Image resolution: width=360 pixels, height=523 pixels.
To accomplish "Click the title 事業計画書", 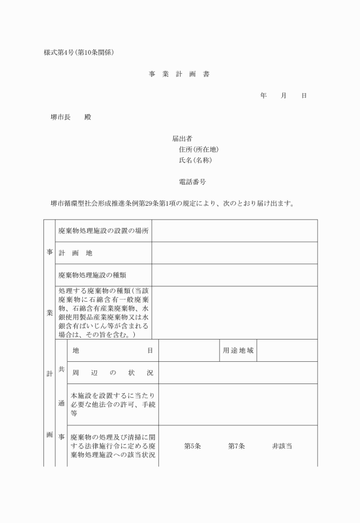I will pyautogui.click(x=179, y=74).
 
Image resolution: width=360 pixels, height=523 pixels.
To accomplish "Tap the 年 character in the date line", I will pyautogui.click(x=263, y=95).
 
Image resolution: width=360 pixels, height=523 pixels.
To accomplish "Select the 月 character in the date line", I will pyautogui.click(x=283, y=95).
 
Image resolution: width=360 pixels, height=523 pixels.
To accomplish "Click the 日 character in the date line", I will pyautogui.click(x=304, y=95).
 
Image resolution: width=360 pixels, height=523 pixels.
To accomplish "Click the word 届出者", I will pyautogui.click(x=182, y=138).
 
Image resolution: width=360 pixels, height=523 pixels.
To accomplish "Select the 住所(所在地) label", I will pyautogui.click(x=199, y=150).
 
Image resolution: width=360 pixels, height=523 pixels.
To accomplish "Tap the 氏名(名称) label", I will pyautogui.click(x=195, y=161).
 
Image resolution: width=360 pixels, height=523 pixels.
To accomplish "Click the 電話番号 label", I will pyautogui.click(x=193, y=182).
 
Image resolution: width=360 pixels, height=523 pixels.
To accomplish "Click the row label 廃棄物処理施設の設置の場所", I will pyautogui.click(x=103, y=231).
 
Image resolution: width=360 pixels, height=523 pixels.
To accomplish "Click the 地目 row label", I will pyautogui.click(x=113, y=350).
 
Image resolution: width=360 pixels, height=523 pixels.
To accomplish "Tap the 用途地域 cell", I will pyautogui.click(x=238, y=350).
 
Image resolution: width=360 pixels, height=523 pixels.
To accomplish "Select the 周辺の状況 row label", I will pyautogui.click(x=113, y=373).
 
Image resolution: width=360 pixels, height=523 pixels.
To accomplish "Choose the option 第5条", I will pyautogui.click(x=192, y=446).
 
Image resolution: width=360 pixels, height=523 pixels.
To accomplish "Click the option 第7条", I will pyautogui.click(x=237, y=446).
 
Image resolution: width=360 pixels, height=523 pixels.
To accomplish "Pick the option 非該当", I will pyautogui.click(x=282, y=446).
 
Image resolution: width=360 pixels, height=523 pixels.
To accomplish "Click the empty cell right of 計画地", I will pyautogui.click(x=234, y=253).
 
